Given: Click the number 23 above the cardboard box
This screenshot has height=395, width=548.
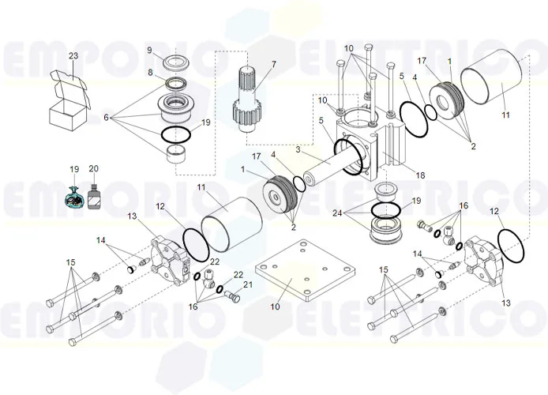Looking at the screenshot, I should pos(73,56).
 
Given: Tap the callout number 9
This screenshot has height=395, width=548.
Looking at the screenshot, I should pos(148,50).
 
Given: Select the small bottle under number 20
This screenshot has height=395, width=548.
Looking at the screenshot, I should pos(95,198).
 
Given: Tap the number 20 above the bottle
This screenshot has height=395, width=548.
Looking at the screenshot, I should pos(95,168).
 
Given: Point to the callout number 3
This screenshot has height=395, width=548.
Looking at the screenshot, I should pos(298,149).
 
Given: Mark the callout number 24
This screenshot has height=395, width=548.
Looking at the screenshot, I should pos(338,213).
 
